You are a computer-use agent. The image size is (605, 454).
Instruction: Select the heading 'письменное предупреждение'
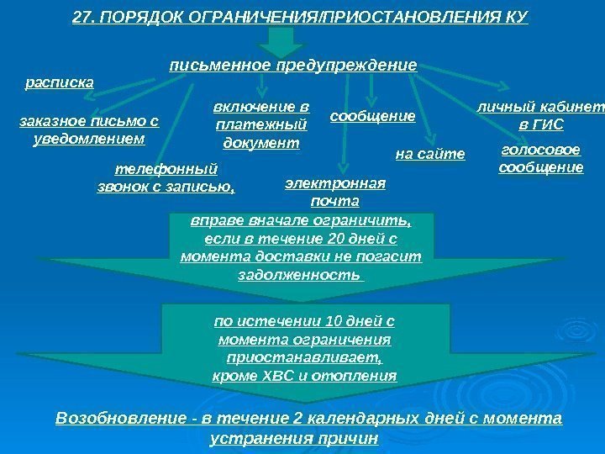(293, 65)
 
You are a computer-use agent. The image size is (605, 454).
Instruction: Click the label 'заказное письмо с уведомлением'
(88, 129)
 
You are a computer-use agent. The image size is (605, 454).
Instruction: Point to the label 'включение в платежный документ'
(261, 125)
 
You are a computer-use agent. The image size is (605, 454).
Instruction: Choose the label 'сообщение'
(372, 117)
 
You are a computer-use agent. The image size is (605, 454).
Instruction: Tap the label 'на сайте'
(429, 154)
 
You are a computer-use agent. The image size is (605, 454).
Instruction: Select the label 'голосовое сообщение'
(540, 159)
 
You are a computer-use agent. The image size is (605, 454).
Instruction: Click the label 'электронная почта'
(334, 193)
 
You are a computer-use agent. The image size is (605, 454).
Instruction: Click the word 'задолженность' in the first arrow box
(301, 275)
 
